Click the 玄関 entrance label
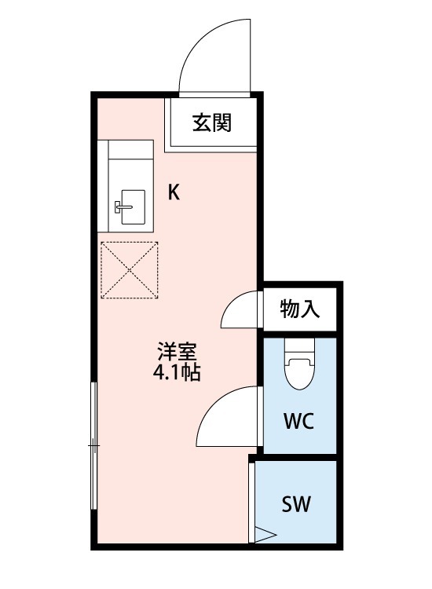211,123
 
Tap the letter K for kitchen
174,192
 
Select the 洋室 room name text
177,351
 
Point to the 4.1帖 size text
176,372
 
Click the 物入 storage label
299,309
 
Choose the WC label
299,421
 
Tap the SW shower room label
296,504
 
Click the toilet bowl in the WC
299,373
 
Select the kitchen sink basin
133,207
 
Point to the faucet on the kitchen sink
123,207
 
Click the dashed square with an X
130,270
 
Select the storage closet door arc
230,303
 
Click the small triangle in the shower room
265,535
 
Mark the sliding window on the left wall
94,445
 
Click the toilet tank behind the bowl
299,346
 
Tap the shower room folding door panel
251,503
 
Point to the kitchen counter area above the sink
130,149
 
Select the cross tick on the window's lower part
94,445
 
